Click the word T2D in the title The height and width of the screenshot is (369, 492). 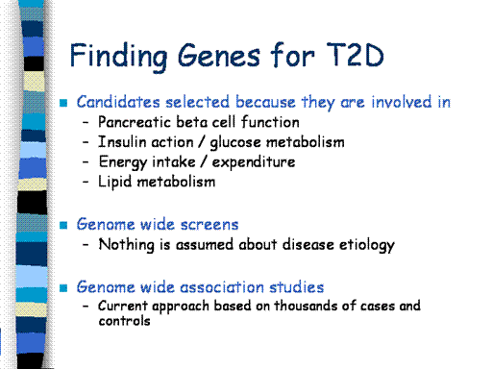tap(356, 55)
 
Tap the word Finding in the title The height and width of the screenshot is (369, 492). tap(118, 57)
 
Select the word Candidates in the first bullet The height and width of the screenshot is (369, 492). tap(118, 102)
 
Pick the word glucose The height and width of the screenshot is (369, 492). tap(235, 143)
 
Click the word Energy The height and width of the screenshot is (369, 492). tap(123, 162)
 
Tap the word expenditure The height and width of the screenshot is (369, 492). tap(254, 162)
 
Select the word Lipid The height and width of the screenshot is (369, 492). tap(114, 182)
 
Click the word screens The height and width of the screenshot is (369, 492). tap(209, 225)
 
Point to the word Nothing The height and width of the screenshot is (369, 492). tap(126, 245)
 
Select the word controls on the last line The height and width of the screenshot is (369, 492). tap(124, 321)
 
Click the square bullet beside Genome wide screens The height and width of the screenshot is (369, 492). tap(63, 225)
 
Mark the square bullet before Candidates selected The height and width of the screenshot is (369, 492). tap(63, 103)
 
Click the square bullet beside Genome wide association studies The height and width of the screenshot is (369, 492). tap(63, 288)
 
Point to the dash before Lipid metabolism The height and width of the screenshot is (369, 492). tap(86, 182)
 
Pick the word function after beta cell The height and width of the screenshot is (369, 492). tap(270, 122)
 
